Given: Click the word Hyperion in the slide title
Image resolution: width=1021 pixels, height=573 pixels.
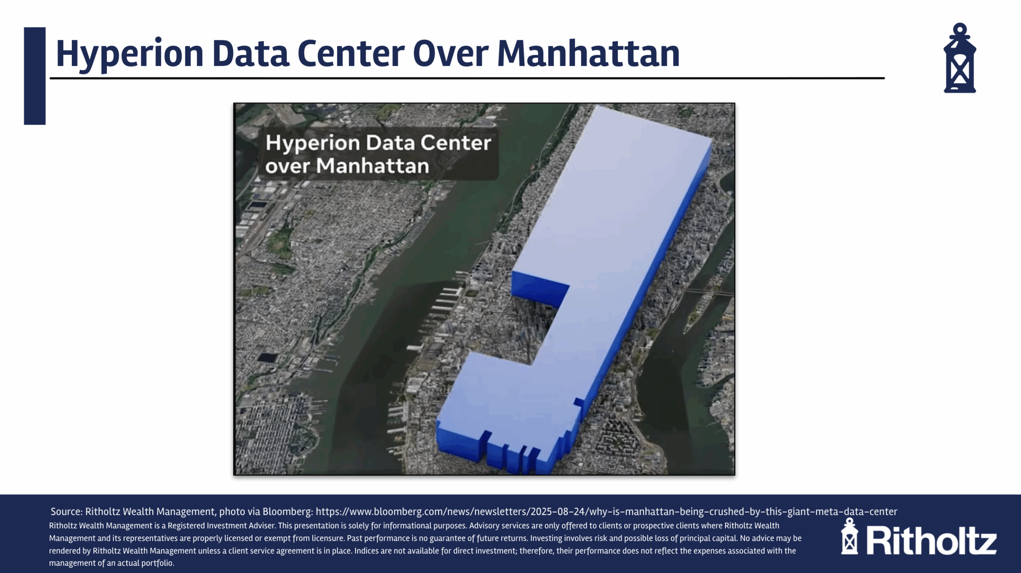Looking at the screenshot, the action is (130, 54).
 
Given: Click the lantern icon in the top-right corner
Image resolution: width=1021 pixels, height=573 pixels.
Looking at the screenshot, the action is (960, 58).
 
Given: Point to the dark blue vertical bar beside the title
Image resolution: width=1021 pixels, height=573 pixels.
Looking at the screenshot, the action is (35, 76).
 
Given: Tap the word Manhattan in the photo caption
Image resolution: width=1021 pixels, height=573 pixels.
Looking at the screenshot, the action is (373, 166).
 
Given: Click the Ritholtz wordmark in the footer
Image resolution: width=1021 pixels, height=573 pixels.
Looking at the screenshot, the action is (931, 540).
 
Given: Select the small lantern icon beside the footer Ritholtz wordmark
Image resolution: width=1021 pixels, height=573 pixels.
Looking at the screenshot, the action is (850, 536).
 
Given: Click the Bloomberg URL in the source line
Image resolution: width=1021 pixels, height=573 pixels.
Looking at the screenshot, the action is (606, 512).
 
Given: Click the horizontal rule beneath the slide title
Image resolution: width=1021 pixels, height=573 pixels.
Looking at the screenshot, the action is (467, 78).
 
